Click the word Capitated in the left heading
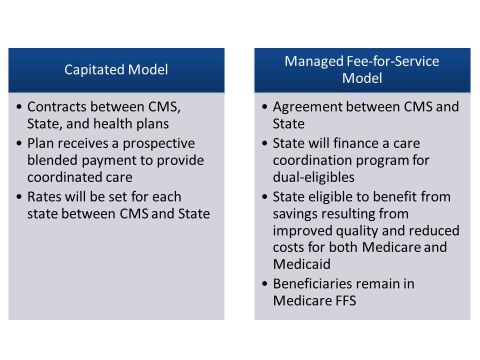[x=94, y=70]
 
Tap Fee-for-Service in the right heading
[x=393, y=61]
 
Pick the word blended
[x=52, y=160]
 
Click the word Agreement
[x=307, y=107]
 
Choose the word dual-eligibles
[x=314, y=177]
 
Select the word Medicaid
[x=302, y=264]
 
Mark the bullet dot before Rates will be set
[x=19, y=197]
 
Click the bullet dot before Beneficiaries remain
[x=265, y=284]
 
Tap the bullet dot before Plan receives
[x=19, y=143]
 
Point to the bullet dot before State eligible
[x=265, y=197]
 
